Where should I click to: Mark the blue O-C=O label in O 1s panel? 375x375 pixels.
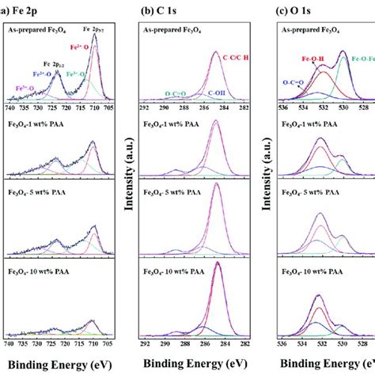(x=296, y=81)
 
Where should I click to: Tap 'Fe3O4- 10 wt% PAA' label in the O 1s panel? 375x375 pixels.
(x=313, y=271)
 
